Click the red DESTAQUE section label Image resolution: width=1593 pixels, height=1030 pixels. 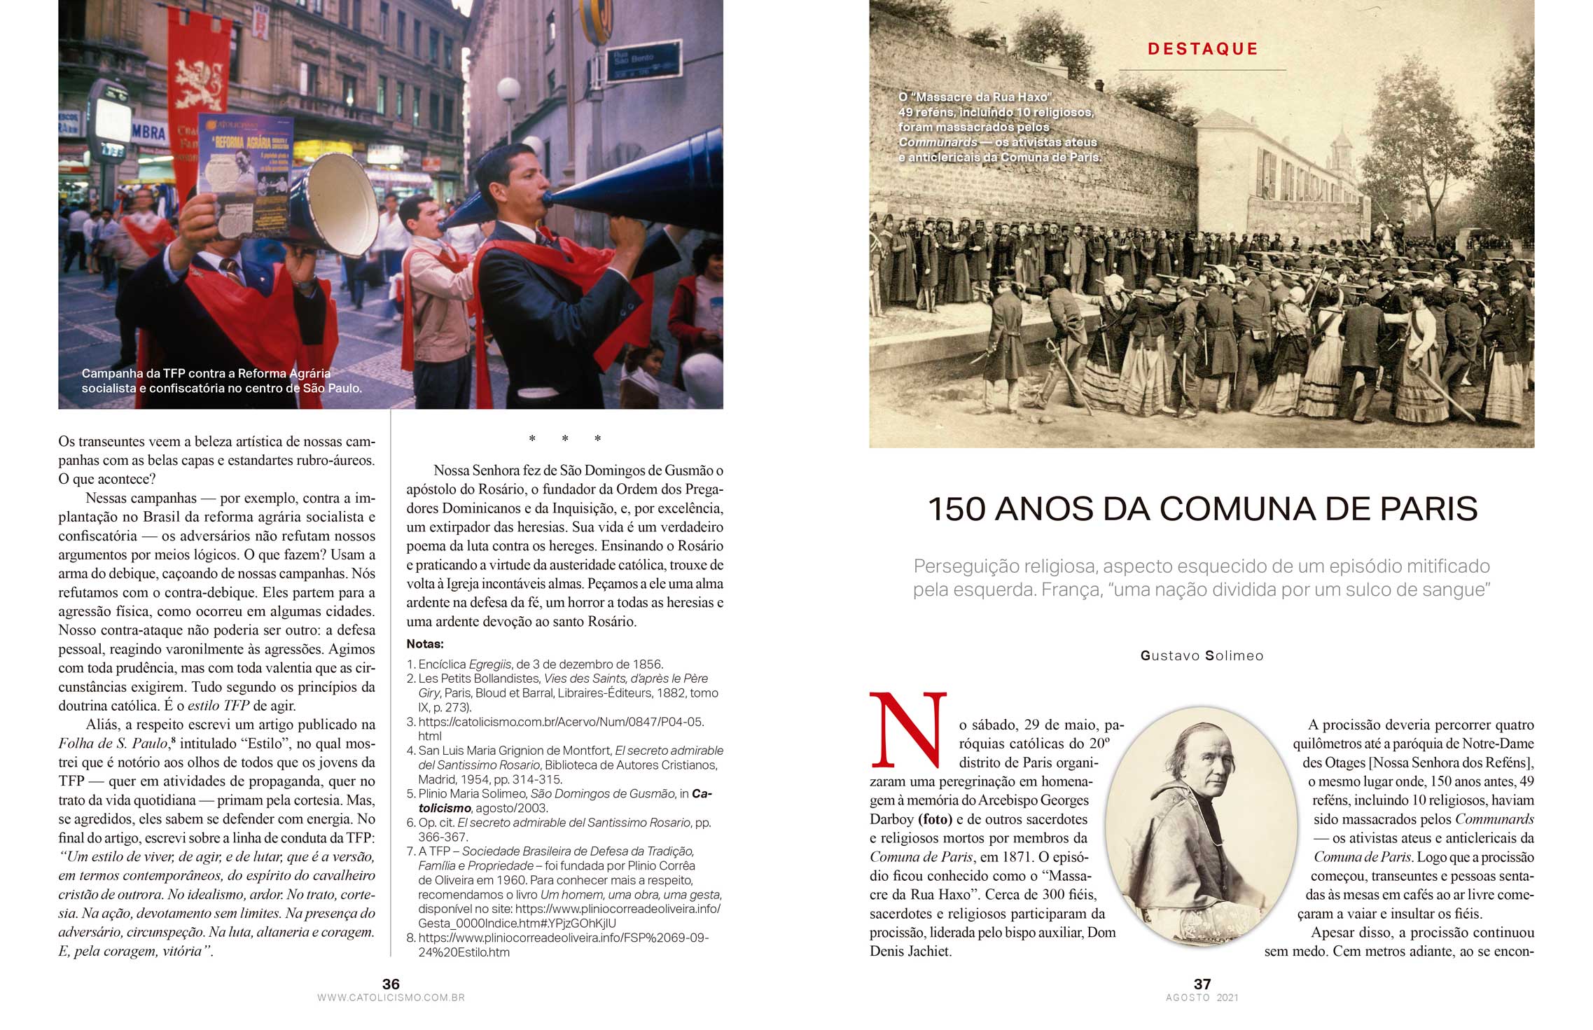click(1202, 49)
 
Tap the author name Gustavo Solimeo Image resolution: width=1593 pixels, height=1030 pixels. click(1202, 656)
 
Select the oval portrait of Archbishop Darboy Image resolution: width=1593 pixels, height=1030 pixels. click(1201, 826)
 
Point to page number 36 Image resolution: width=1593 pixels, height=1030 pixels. click(391, 984)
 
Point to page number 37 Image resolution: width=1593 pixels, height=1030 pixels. click(1202, 984)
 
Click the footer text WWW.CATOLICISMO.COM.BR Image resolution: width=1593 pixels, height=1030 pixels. click(391, 998)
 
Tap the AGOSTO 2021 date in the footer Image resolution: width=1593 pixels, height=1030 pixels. click(1202, 998)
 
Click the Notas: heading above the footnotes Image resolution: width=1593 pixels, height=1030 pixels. click(425, 644)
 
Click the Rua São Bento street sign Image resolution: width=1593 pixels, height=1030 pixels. click(643, 61)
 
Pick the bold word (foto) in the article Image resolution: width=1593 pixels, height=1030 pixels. click(935, 819)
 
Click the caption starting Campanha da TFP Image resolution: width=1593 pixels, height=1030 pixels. click(221, 381)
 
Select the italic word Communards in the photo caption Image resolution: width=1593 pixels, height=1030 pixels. click(938, 143)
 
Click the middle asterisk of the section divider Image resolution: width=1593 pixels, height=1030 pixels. click(565, 439)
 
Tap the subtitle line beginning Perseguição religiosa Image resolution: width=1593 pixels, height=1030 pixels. click(1202, 566)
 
